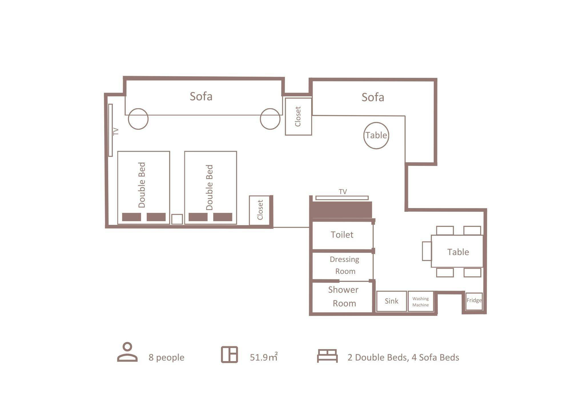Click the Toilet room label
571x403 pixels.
click(x=342, y=235)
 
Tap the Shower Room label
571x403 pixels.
click(x=343, y=296)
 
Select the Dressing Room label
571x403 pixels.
click(x=345, y=265)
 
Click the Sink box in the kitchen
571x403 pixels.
click(x=391, y=301)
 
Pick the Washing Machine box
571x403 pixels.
click(x=421, y=301)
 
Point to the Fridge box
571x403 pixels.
click(x=474, y=301)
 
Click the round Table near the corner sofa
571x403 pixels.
click(x=376, y=135)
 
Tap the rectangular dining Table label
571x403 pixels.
click(x=458, y=252)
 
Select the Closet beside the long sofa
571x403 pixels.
click(x=298, y=116)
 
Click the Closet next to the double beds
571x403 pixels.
click(x=260, y=210)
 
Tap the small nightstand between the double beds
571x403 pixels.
click(x=177, y=219)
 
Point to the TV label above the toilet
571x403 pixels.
click(x=343, y=192)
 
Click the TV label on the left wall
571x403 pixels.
click(x=116, y=131)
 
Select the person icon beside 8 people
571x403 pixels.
click(x=127, y=352)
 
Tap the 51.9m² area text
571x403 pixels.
click(x=264, y=357)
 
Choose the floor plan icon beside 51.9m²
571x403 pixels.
click(x=229, y=355)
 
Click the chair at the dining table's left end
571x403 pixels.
click(x=427, y=251)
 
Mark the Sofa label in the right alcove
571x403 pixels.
click(x=373, y=97)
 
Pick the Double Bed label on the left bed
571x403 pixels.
click(x=142, y=185)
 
